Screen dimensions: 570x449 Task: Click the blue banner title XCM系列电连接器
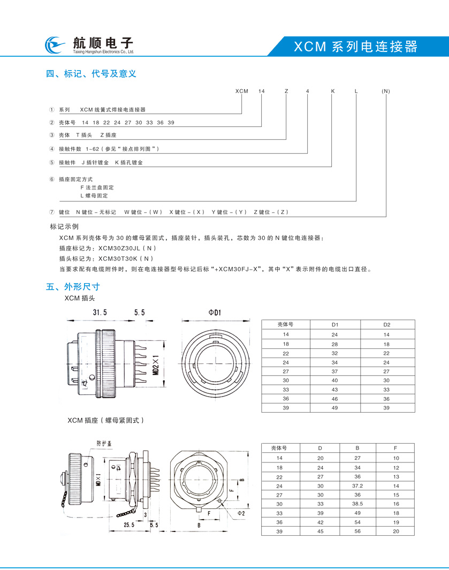point(355,47)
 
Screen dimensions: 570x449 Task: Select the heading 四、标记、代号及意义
point(92,74)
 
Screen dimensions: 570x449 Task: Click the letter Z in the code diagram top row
point(286,92)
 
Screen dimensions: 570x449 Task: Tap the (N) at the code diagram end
point(386,92)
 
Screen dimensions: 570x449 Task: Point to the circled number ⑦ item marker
point(51,212)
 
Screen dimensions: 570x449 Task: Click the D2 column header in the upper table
point(387,324)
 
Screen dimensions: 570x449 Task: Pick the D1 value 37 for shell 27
point(334,371)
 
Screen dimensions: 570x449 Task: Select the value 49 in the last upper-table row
point(334,407)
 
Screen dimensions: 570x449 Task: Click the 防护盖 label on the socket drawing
point(105,443)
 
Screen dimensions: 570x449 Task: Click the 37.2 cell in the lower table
point(357,486)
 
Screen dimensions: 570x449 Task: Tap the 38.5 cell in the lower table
point(357,504)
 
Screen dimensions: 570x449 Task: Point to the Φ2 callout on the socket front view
point(241,513)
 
